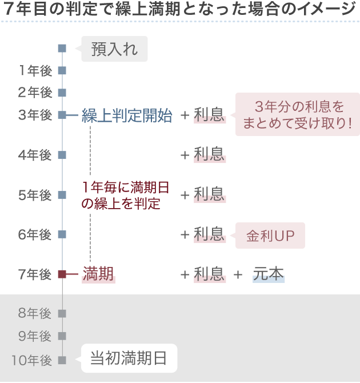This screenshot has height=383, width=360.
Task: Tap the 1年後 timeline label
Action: click(x=35, y=71)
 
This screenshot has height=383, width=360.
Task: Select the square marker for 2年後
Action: click(x=62, y=93)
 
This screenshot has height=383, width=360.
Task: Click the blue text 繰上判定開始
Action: click(x=126, y=115)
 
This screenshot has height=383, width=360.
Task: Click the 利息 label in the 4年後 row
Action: click(x=209, y=154)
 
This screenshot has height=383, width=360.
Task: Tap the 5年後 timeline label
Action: click(x=35, y=195)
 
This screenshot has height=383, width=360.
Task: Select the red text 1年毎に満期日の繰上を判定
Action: click(x=125, y=195)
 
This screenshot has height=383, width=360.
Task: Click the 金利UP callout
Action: click(x=270, y=235)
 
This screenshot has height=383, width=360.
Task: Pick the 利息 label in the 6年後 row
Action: click(x=209, y=234)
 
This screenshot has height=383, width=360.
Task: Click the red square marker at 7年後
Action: click(x=62, y=274)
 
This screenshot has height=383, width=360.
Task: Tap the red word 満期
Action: click(x=98, y=274)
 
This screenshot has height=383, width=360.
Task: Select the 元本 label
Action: click(x=269, y=274)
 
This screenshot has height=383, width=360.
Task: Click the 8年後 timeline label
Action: click(x=35, y=313)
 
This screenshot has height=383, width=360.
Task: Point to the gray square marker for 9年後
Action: click(x=62, y=336)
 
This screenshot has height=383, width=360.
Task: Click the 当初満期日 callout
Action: click(x=129, y=358)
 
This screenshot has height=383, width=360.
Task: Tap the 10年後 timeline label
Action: click(x=32, y=360)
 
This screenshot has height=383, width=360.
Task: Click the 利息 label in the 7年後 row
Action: click(x=209, y=274)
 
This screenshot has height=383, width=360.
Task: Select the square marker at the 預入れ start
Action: click(x=62, y=49)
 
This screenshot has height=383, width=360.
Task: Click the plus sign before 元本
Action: click(x=238, y=275)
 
